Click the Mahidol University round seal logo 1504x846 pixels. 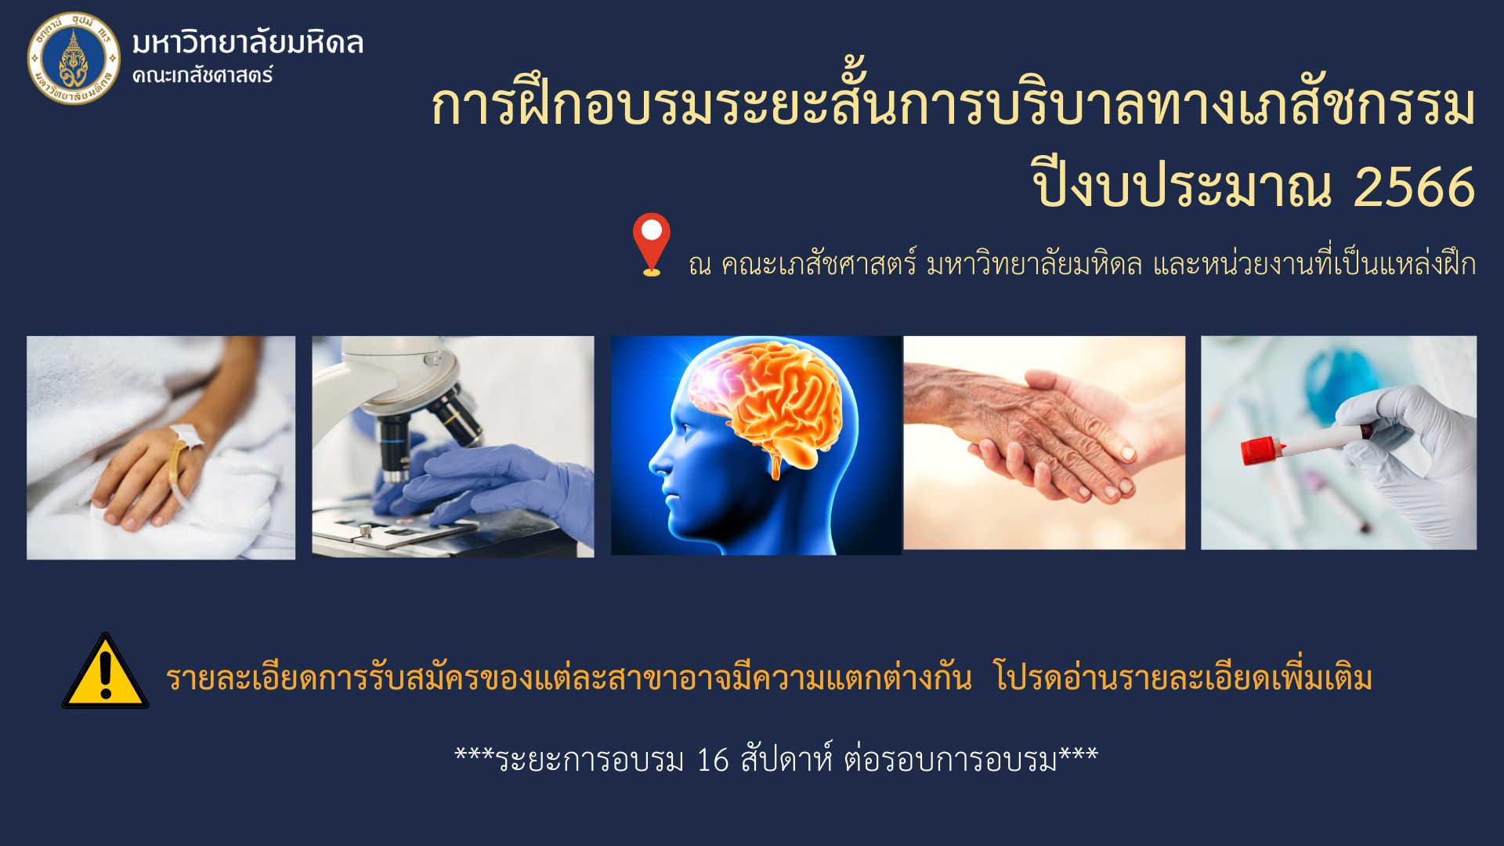point(74,58)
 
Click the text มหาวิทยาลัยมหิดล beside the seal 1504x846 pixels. point(248,42)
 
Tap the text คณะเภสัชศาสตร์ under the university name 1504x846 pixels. point(202,75)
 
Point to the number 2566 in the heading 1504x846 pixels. point(1414,187)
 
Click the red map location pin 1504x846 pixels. point(652,244)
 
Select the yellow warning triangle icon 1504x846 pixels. point(105,671)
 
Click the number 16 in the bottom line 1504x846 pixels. point(713,760)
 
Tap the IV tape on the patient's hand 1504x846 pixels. point(186,436)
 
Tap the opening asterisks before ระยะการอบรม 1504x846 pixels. point(475,754)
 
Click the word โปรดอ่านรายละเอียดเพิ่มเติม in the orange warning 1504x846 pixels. point(1183,676)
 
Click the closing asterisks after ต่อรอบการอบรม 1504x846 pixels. point(1079,754)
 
